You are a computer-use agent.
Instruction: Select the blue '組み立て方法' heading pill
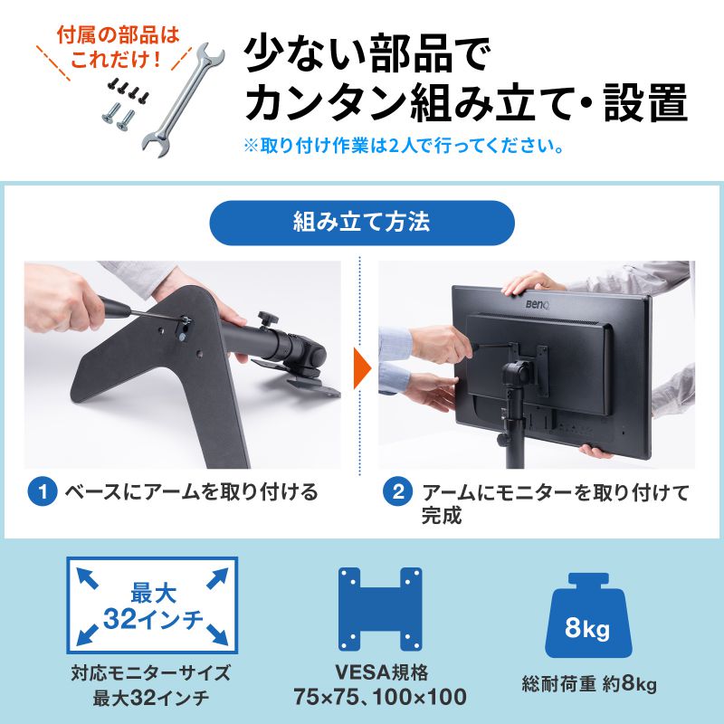point(362,223)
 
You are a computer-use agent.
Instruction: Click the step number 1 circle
point(42,493)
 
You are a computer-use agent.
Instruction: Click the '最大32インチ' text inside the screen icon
point(151,606)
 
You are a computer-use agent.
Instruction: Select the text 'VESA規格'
point(379,672)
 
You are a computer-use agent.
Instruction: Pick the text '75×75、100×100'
point(379,698)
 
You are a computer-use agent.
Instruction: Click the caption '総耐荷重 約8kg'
point(588,684)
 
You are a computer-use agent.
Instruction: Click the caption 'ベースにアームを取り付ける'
point(190,493)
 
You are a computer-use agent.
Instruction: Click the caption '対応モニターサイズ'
point(151,672)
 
